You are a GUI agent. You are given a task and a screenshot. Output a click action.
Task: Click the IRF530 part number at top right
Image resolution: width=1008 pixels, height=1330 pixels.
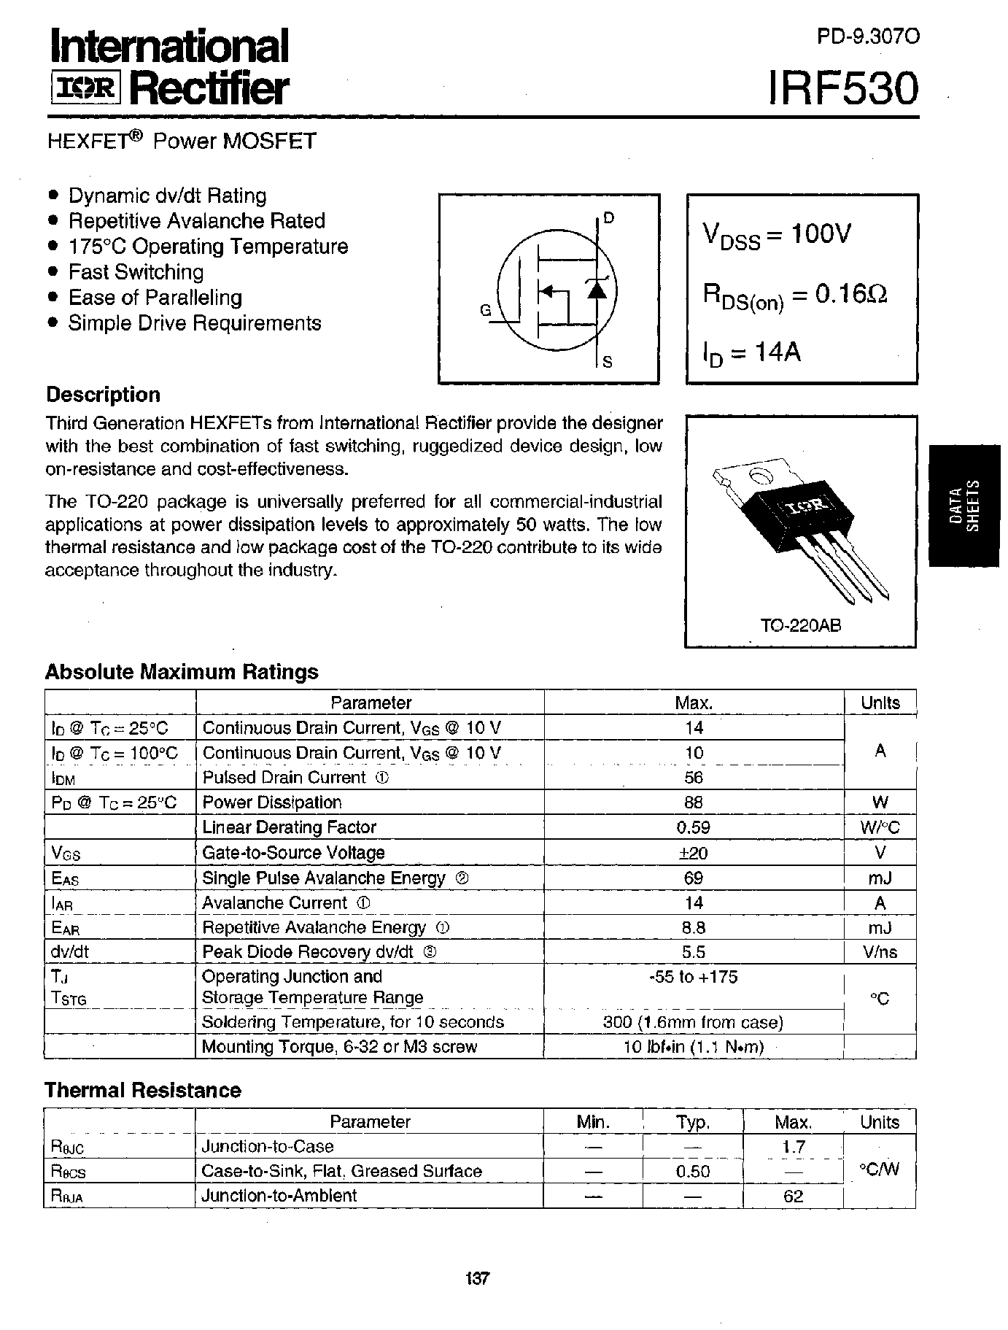844,89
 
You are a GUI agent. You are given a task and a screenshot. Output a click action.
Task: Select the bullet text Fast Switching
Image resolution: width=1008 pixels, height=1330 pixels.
136,272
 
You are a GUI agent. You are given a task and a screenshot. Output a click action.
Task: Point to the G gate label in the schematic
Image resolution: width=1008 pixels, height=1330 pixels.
486,310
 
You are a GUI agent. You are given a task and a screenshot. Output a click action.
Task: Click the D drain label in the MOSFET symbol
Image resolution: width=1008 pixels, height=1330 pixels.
609,217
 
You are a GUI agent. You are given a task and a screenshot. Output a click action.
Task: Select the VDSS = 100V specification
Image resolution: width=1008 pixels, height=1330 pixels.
777,235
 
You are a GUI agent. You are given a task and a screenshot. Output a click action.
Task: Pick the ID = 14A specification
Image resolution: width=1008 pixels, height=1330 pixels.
751,354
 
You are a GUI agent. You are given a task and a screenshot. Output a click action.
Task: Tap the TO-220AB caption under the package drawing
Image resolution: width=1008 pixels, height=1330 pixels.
800,626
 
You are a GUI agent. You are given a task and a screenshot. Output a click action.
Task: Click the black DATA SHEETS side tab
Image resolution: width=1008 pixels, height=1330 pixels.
964,505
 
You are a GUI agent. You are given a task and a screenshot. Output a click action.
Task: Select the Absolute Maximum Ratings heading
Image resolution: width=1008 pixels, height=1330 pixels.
182,672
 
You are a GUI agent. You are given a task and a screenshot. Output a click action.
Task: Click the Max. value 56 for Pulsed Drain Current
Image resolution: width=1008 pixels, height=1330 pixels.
694,778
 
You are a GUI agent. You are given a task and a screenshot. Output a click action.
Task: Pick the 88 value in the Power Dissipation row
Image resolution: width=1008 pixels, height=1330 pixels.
694,803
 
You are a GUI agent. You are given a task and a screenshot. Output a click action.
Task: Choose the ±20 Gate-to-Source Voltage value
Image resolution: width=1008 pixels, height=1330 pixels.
694,853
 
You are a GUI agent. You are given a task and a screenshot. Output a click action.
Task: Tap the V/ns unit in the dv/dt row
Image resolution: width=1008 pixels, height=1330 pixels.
880,952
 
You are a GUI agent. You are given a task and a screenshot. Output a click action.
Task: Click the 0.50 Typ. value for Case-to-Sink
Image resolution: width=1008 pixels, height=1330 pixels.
692,1172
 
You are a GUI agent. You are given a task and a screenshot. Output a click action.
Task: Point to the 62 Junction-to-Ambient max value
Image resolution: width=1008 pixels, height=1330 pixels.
793,1196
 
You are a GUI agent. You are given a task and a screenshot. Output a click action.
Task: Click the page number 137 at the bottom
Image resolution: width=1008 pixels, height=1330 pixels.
476,1279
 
